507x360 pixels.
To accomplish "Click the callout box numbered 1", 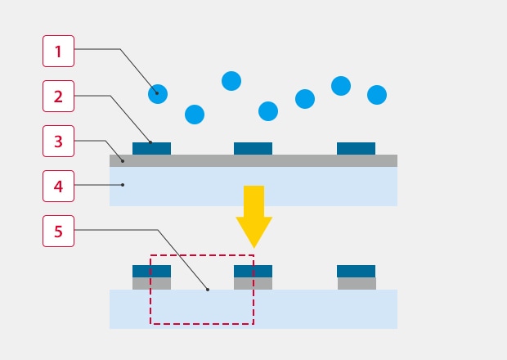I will (x=58, y=52).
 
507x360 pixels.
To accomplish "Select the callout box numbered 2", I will (x=58, y=97).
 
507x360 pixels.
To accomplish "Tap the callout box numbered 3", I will (x=58, y=142).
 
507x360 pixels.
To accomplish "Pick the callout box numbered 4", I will (x=58, y=187).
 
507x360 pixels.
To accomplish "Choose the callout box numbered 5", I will (x=58, y=232).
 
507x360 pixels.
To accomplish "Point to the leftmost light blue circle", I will (x=158, y=94).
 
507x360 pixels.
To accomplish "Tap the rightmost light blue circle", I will (x=377, y=95).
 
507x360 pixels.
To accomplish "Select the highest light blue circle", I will (x=231, y=81).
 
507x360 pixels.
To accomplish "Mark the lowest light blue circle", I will (x=195, y=115).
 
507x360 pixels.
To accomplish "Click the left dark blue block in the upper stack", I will (x=151, y=149).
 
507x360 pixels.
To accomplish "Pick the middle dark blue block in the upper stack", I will (x=253, y=149).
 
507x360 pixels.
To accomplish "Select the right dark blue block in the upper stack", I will (x=356, y=149).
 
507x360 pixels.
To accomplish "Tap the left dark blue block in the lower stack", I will (x=151, y=271).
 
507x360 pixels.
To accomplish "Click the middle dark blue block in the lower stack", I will (x=253, y=271).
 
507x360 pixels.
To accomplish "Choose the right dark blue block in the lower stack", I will (x=356, y=271).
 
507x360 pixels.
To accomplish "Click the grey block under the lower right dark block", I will (x=357, y=284).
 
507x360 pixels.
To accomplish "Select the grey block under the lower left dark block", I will (x=151, y=284).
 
